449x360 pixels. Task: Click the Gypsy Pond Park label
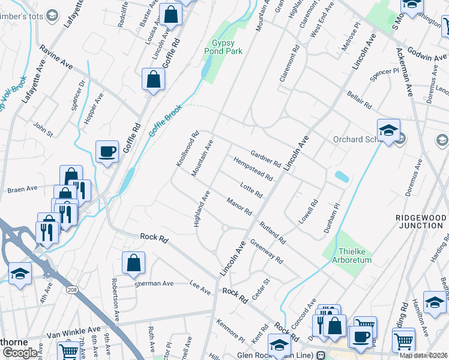227,47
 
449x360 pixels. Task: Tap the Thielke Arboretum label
356,256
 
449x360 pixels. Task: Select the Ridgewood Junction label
420,221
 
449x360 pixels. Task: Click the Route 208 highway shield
72,290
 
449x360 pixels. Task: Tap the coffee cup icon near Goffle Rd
107,152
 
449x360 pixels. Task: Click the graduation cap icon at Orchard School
388,130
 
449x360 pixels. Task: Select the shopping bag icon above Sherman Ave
133,263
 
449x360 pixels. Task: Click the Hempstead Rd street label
253,170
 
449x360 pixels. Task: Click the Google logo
20,352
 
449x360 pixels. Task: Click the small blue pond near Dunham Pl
340,177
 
